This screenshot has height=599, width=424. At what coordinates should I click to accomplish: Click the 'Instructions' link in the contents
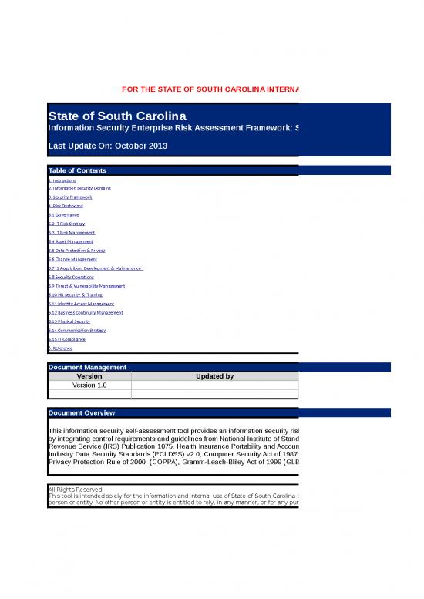coord(62,180)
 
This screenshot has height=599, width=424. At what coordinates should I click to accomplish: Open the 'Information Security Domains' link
coord(79,188)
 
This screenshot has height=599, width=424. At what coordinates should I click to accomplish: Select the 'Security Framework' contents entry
coord(70,197)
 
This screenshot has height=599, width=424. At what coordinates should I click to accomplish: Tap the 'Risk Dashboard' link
coord(66,206)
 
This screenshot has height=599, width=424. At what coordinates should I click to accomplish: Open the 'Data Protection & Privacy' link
coord(76,251)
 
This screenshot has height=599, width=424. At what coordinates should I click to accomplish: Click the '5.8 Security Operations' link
coord(71,277)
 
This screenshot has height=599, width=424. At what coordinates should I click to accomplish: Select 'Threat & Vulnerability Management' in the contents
coord(81,286)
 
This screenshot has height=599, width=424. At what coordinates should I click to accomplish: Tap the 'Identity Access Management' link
coord(76,304)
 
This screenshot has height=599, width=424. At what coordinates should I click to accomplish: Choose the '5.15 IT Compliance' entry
coord(67,339)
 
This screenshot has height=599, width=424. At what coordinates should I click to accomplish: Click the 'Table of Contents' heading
coord(77,170)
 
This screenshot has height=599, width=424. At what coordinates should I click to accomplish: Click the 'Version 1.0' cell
coord(89,385)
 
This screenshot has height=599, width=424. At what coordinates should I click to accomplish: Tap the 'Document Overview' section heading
coord(81,413)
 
